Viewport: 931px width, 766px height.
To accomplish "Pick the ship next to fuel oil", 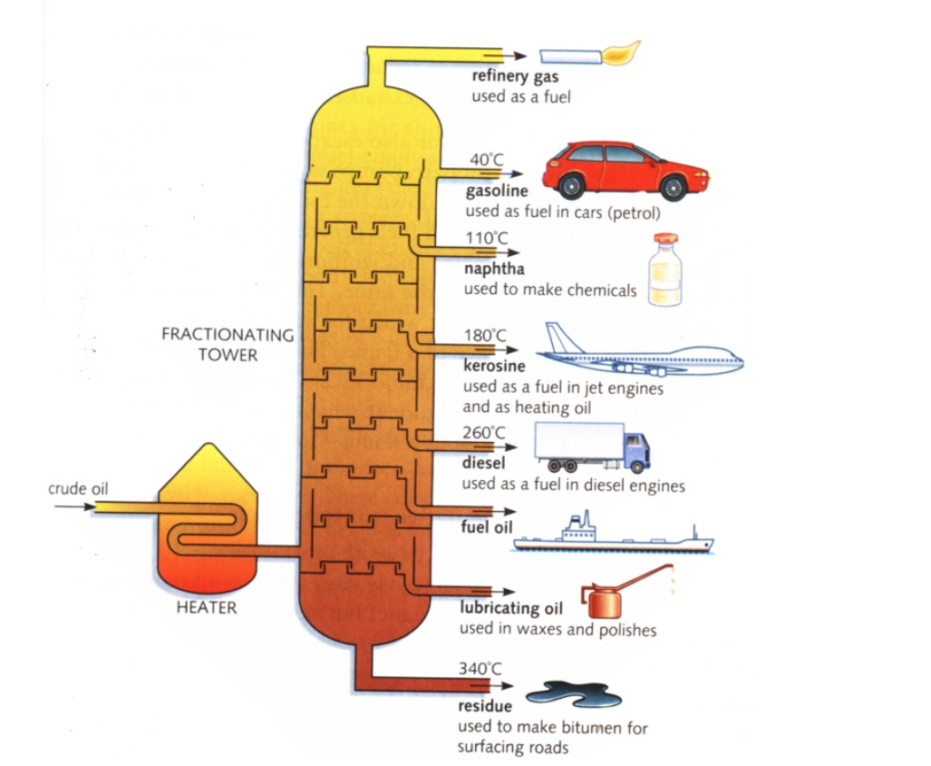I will tap(612, 537).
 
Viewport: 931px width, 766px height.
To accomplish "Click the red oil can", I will tap(605, 600).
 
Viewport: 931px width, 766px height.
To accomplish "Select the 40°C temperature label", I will tap(486, 160).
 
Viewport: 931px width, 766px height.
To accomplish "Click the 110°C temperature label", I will tap(488, 238).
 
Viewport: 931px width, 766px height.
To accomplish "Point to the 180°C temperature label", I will tap(486, 335).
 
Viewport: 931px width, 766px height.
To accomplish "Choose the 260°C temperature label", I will tap(485, 432).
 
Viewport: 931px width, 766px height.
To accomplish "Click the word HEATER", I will tap(206, 608).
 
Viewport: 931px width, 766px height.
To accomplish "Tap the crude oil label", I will tap(78, 489).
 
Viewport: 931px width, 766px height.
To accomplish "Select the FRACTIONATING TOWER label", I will tap(228, 344).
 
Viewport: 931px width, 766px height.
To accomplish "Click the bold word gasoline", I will tap(497, 191).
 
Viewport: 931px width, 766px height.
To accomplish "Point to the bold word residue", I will tap(485, 705).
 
